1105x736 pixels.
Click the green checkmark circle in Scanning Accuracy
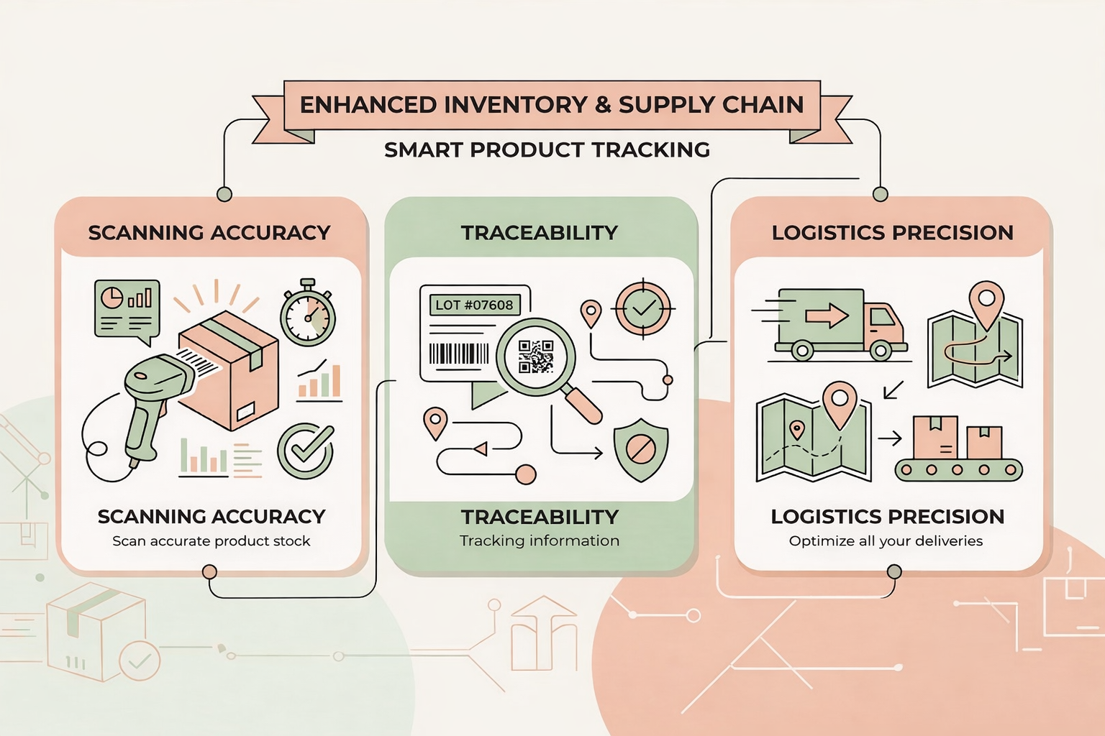click(x=306, y=451)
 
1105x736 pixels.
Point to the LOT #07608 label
click(x=474, y=305)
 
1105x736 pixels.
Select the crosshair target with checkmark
click(x=643, y=308)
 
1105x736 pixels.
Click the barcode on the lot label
click(x=459, y=354)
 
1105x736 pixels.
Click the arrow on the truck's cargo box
click(x=827, y=316)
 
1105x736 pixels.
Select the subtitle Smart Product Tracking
click(x=547, y=149)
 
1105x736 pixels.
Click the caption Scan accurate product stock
click(x=211, y=540)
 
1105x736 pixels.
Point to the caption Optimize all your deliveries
click(x=886, y=540)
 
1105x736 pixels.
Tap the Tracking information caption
click(x=540, y=540)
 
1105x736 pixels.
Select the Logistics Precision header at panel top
click(x=892, y=232)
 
